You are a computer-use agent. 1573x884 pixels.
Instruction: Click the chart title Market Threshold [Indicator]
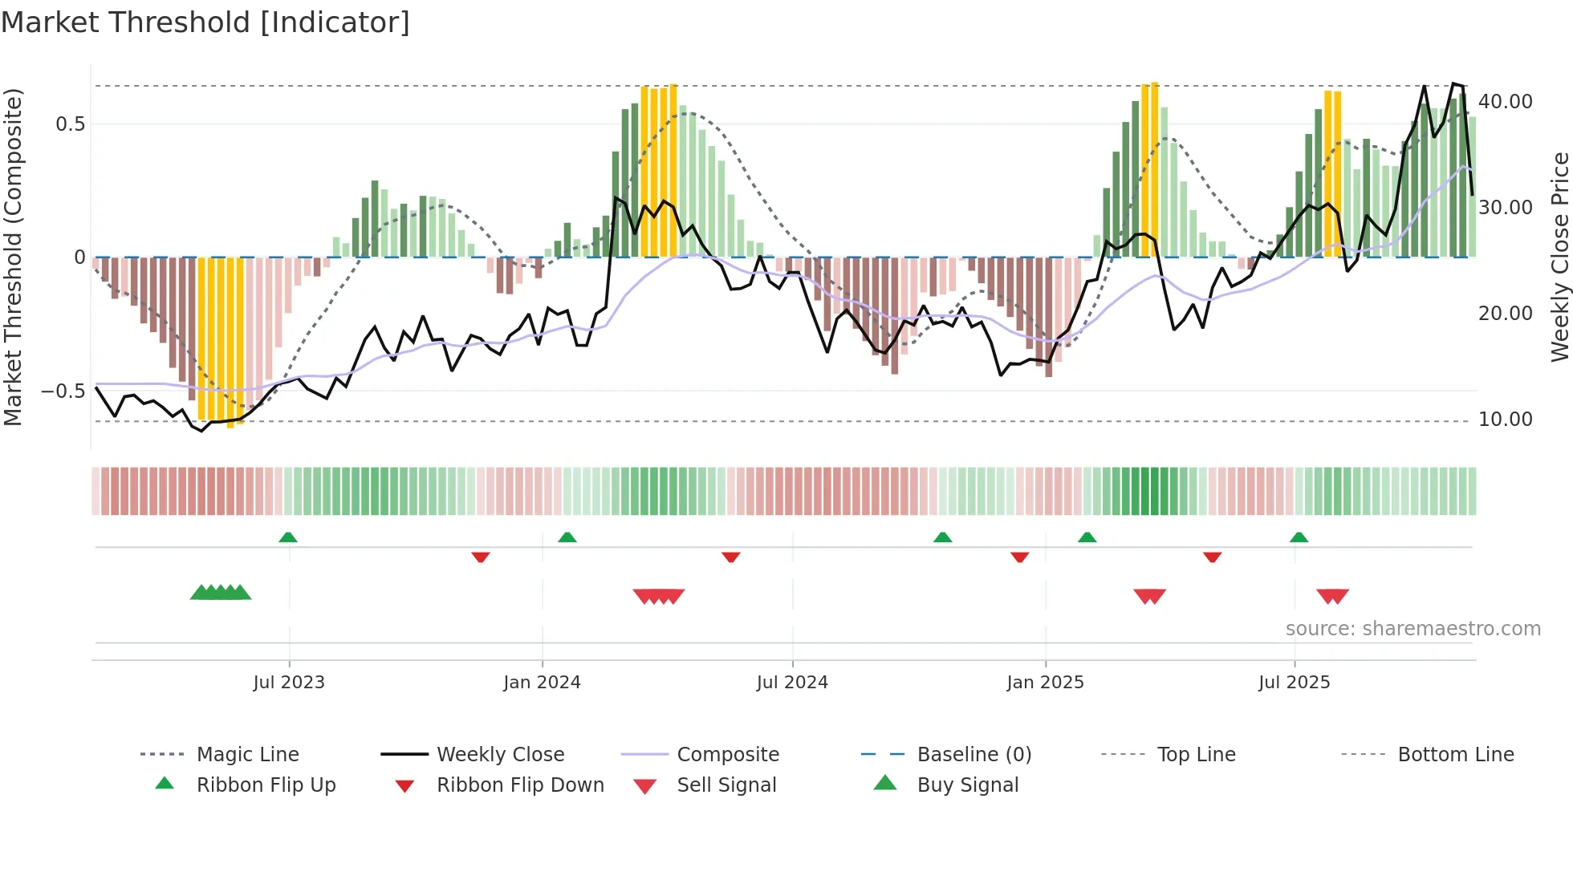(205, 22)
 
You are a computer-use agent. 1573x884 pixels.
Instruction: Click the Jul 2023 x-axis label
(289, 682)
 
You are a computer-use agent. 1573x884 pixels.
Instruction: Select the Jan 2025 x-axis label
(1045, 682)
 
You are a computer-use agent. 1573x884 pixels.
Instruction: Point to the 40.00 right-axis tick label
(1505, 102)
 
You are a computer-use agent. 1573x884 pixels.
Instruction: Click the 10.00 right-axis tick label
(1505, 420)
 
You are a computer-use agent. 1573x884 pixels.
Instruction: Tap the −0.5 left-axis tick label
(63, 391)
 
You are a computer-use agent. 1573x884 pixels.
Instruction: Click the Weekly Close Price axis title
(1559, 257)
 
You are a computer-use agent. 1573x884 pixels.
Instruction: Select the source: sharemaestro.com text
(1412, 628)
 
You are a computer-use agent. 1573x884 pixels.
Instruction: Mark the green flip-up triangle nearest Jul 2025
(1299, 537)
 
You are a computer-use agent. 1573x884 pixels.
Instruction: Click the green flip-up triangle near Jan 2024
(567, 537)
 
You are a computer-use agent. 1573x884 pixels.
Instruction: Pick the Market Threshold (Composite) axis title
(13, 257)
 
